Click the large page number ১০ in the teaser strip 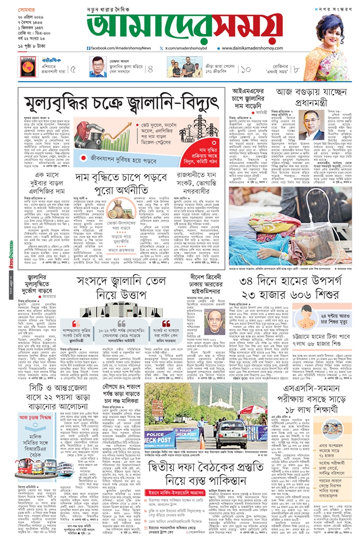pos(245,68)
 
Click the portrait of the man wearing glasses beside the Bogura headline pos(312,125)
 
